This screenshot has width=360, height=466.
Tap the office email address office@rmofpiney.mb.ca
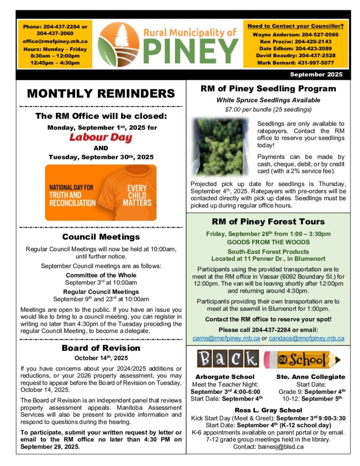click(x=56, y=41)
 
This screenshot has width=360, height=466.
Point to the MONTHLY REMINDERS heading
click(x=101, y=94)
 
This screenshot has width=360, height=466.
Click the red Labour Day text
click(x=101, y=137)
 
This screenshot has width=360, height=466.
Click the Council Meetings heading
click(x=101, y=237)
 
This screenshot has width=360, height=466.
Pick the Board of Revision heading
click(x=101, y=348)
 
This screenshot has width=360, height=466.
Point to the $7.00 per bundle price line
click(x=268, y=109)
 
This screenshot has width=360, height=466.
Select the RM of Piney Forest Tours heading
click(x=268, y=222)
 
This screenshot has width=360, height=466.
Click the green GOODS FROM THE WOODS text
click(x=268, y=242)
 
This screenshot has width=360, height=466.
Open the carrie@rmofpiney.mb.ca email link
click(x=226, y=338)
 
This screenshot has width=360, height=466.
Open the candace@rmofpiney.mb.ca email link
click(x=306, y=338)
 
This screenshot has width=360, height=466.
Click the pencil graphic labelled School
click(x=303, y=360)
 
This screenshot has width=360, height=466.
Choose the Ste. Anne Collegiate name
click(x=311, y=377)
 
